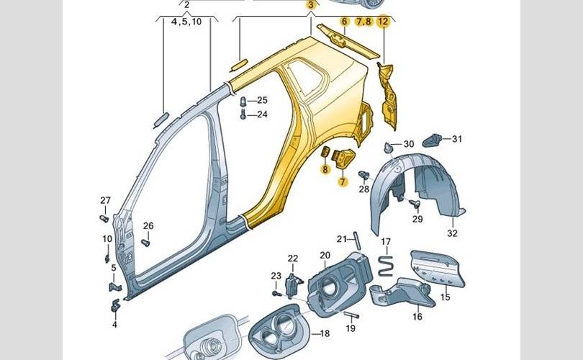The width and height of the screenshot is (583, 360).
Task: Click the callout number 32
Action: pos(452,233)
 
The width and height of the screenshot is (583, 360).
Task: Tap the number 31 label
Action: pos(457,139)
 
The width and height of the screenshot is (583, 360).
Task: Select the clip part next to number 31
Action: pos(432,140)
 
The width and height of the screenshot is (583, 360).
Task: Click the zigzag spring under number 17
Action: pos(386,266)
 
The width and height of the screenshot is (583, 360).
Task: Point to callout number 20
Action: pos(325,256)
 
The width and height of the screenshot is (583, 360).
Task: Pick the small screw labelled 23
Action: pos(276,294)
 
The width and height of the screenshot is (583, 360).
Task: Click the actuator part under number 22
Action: pos(292,285)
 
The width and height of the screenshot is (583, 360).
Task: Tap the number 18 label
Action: pos(325,333)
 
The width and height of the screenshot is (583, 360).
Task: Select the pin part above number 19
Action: pos(351,316)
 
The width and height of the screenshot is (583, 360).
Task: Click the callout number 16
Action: pos(417,317)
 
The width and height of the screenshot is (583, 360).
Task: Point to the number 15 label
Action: pos(445,297)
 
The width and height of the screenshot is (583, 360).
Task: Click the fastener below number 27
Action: pos(104,219)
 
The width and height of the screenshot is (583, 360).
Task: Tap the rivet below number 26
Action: pos(145,243)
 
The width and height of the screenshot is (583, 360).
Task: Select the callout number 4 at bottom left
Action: pos(114,325)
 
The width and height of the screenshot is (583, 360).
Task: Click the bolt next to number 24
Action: pos(243,114)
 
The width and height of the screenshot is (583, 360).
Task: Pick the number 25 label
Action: pos(262,100)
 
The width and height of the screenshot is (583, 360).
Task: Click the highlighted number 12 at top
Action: pos(383,22)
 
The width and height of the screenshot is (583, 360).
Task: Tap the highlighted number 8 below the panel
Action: pos(325,170)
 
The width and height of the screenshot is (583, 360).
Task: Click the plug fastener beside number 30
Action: pos(389,147)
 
